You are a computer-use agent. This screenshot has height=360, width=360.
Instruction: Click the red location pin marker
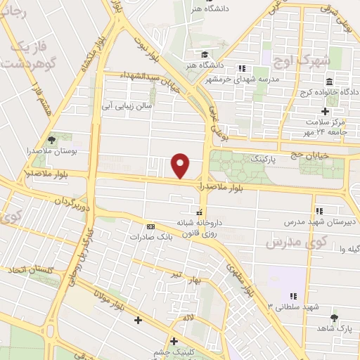(x=181, y=165)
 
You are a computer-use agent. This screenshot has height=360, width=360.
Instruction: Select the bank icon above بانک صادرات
(x=150, y=227)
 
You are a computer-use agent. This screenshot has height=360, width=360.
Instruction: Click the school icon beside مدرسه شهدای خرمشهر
(x=243, y=68)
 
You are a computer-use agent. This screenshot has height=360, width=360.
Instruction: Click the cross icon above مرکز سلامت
(x=325, y=111)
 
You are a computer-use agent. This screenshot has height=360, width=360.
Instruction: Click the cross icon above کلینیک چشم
(x=173, y=341)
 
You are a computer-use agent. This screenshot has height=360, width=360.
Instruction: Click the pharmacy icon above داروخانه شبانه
(x=200, y=211)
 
